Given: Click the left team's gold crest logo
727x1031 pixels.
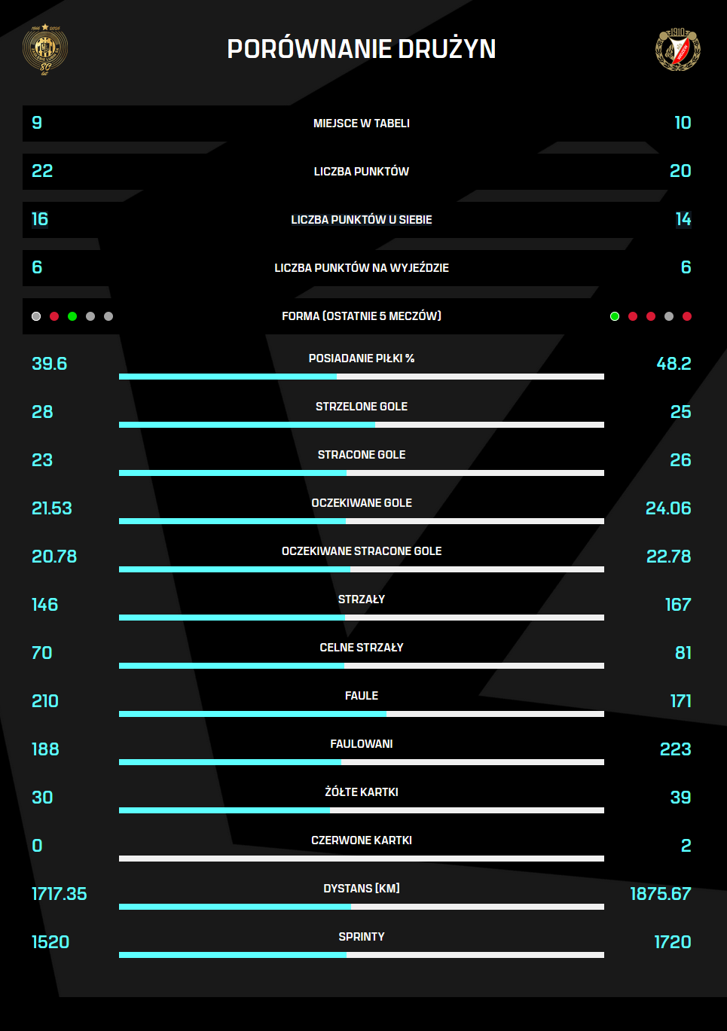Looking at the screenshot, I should pos(45,49).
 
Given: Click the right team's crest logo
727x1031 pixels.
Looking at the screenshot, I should pos(678,49).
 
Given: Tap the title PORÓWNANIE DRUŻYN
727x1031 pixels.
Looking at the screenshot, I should pos(362,49).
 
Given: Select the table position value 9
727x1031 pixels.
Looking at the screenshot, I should pos(37,123).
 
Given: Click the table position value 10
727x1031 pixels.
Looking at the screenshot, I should pos(683,123).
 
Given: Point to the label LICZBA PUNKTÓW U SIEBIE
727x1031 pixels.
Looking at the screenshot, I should pos(362,220).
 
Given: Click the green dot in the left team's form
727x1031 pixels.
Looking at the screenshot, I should pos(72,316).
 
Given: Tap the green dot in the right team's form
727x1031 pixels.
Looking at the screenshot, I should pos(615,316).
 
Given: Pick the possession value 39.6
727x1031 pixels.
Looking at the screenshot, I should pos(50,364).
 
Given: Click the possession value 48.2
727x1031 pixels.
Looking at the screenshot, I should pos(674,364).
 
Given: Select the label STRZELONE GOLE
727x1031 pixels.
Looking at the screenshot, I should pos(362,407).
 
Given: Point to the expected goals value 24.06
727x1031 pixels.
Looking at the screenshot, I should pos(668,508).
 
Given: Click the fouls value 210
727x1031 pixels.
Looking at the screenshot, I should pos(45,701).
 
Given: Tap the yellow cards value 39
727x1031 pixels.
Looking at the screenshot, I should pos(680,798).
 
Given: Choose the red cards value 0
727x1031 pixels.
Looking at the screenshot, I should pos(37,846).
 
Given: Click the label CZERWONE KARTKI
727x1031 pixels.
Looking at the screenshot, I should pos(362,840).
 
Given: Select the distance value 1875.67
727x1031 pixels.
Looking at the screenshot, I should pos(661,894).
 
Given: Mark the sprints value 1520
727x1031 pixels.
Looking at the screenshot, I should pos(50,942).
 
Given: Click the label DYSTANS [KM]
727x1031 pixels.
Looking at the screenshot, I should pos(362,889).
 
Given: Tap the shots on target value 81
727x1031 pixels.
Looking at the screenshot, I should pos(683,653).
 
